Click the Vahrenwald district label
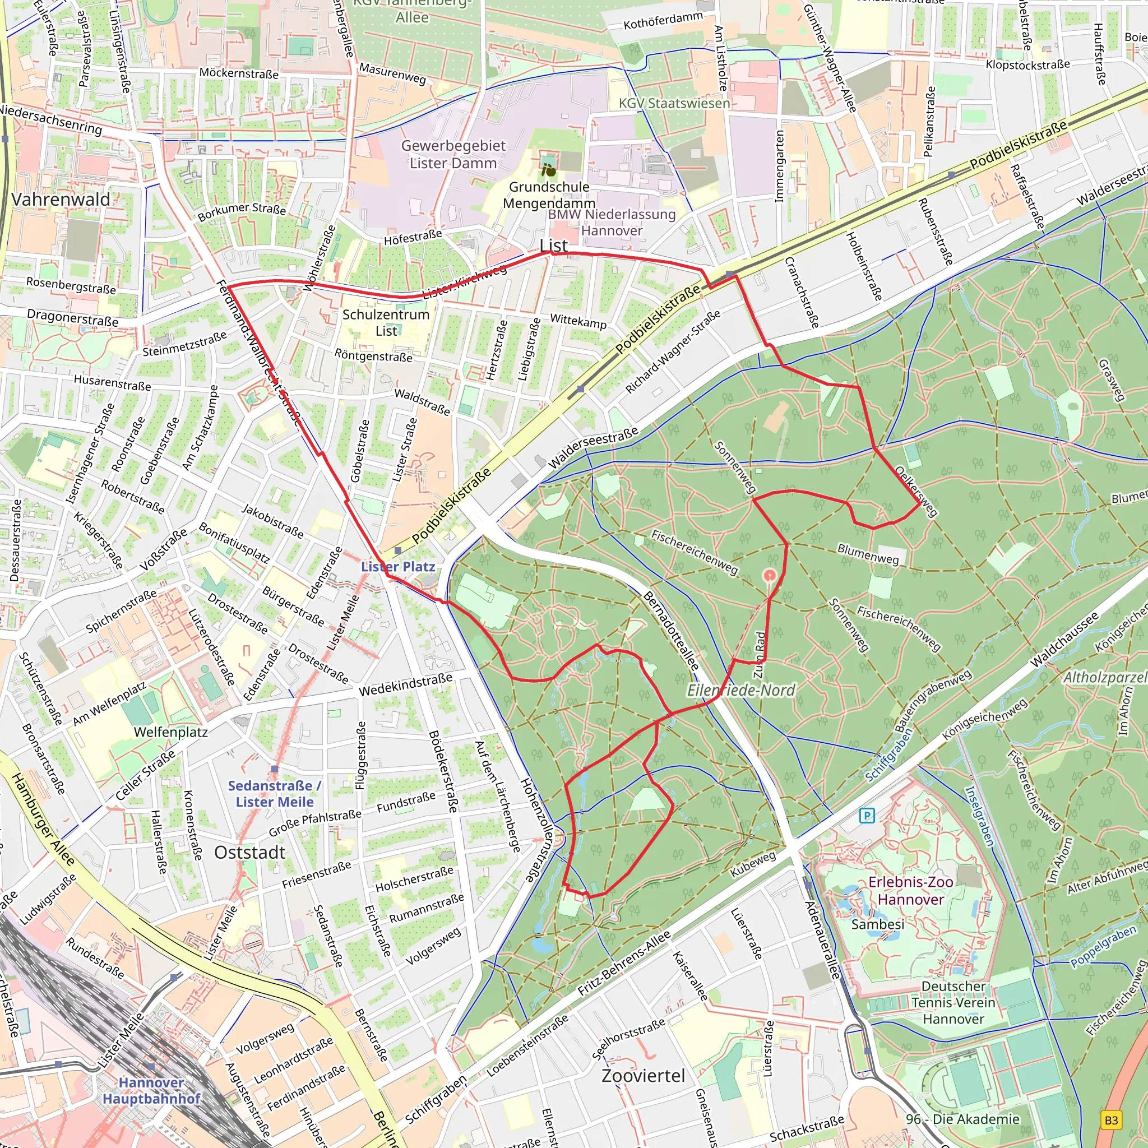[61, 200]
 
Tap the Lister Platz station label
[398, 567]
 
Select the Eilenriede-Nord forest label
[740, 691]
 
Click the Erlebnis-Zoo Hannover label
[911, 891]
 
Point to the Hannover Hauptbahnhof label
[151, 1090]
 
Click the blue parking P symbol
[867, 815]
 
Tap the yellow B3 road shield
[1110, 1120]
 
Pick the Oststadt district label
[249, 853]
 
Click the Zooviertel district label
[643, 1076]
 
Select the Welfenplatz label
[170, 732]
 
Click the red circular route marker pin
[770, 575]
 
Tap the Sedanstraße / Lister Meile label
[274, 794]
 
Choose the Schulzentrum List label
[386, 323]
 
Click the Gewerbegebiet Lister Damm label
[453, 155]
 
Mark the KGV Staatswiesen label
[674, 103]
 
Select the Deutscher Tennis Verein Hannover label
[953, 1002]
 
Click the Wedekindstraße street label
[405, 685]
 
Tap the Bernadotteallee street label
[670, 631]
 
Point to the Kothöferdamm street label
[663, 21]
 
